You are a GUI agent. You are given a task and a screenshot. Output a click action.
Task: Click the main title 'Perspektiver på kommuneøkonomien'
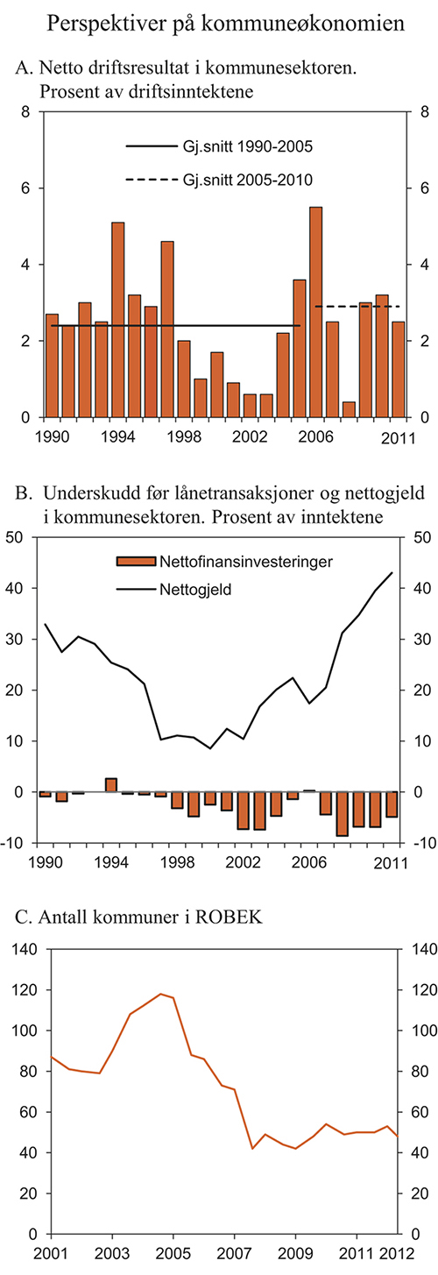click(x=218, y=24)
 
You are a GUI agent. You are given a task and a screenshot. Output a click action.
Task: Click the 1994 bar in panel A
click(x=118, y=319)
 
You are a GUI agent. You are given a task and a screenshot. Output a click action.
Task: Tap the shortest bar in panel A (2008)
click(x=350, y=409)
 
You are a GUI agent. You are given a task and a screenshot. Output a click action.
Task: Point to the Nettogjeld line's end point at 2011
click(x=392, y=572)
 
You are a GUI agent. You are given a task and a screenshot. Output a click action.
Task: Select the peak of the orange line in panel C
click(x=160, y=994)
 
